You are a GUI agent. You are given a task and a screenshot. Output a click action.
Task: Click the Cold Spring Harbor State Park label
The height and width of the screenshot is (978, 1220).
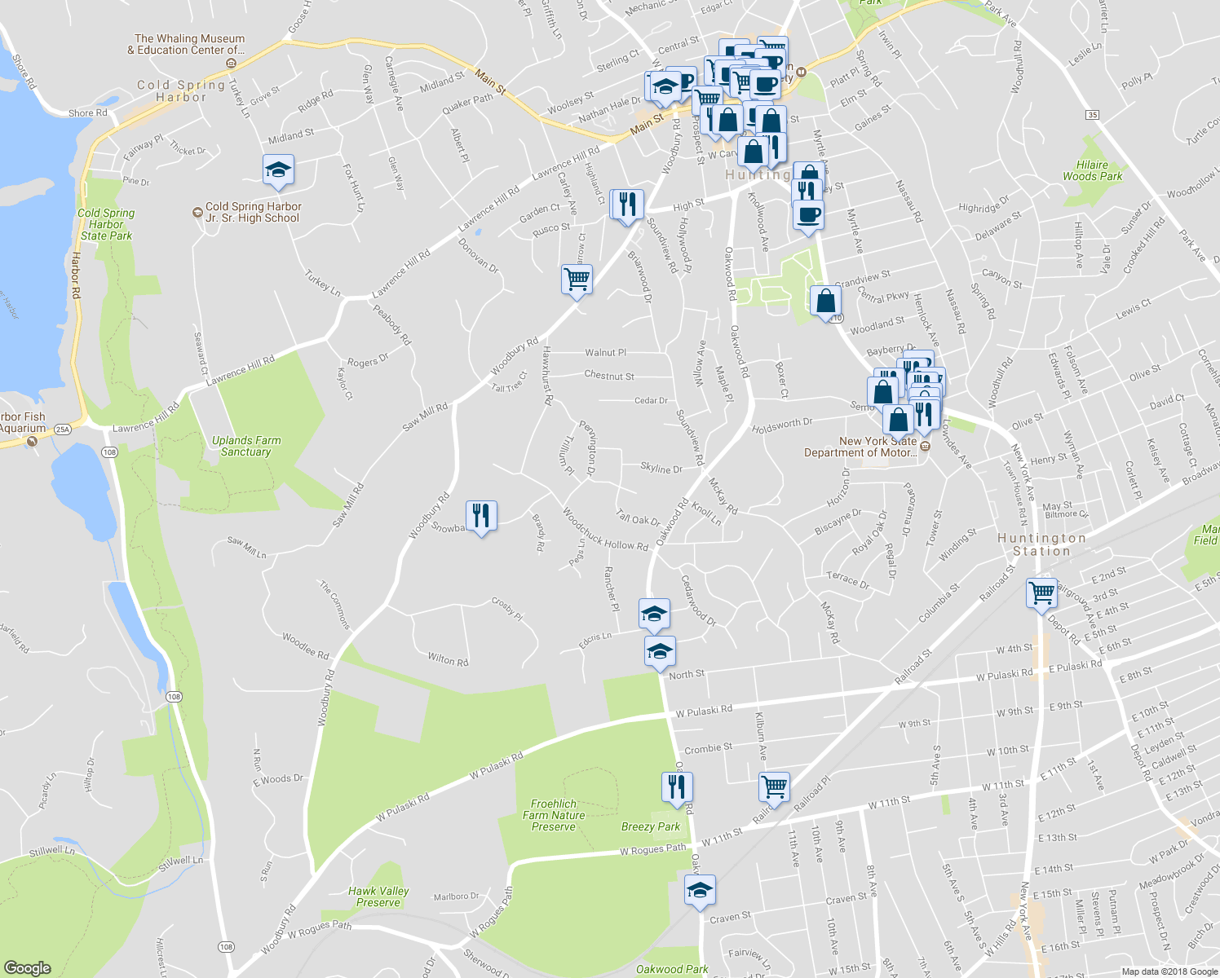106,224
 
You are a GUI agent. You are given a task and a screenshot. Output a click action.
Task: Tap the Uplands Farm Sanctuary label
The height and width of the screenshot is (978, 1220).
246,446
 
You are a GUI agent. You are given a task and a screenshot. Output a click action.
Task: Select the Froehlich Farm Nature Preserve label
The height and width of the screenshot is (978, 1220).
554,815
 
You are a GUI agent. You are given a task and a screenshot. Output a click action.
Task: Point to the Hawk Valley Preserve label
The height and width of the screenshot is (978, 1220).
378,896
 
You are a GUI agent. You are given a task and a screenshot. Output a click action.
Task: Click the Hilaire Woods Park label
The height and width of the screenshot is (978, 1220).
1092,170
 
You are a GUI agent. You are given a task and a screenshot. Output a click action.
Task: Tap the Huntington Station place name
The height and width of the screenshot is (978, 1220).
1041,544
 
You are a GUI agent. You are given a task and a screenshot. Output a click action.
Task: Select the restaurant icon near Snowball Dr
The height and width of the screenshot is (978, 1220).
481,515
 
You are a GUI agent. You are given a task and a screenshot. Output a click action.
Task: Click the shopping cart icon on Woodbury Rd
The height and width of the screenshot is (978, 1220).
577,280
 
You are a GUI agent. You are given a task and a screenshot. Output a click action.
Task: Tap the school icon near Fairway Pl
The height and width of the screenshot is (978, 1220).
278,170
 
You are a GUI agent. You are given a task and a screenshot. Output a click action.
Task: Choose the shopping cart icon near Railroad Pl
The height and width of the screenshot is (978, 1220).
774,787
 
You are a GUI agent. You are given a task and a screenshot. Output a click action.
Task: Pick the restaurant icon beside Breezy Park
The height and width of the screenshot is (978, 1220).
677,786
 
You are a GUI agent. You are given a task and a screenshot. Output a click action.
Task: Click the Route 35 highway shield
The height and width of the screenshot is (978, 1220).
1093,115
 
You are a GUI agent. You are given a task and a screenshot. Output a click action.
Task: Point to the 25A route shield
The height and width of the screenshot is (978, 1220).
63,429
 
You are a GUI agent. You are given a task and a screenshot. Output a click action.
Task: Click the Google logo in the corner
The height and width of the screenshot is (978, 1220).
28,968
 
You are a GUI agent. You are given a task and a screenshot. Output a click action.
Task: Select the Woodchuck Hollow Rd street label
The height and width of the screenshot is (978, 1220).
605,531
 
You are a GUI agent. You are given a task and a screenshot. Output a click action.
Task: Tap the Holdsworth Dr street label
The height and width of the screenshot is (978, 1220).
782,425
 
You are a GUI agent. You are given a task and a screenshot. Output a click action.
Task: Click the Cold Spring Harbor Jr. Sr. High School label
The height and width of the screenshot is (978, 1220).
252,212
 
